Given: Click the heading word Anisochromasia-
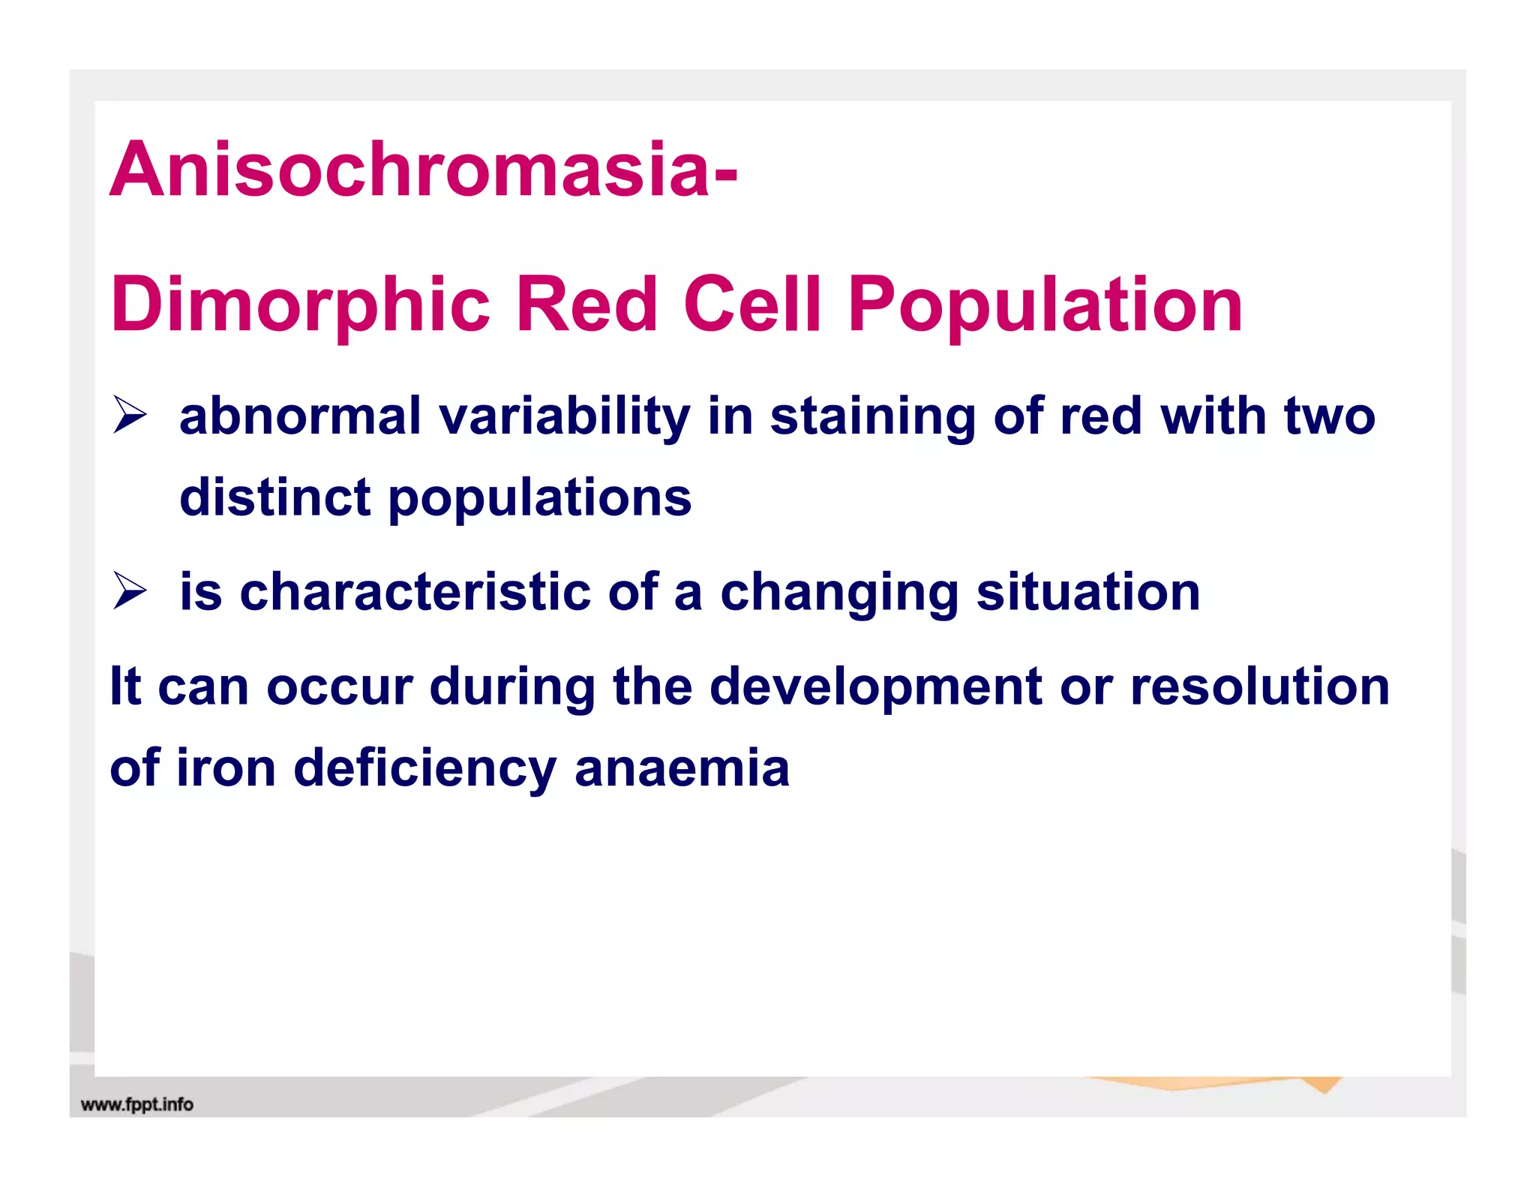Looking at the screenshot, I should (x=424, y=170).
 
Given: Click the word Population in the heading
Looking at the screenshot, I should (x=1045, y=306).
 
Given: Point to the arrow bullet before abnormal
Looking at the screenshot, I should (x=130, y=416).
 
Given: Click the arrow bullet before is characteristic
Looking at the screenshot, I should (x=130, y=590).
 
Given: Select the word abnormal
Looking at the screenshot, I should (x=300, y=416).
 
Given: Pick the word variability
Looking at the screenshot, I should (x=564, y=417).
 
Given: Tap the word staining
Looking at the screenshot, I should (x=872, y=417).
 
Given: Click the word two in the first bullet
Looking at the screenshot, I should (x=1329, y=416).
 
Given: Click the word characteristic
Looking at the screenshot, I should (x=415, y=591).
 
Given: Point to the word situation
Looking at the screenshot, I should (x=1088, y=591).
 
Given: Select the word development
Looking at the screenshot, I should (x=875, y=687).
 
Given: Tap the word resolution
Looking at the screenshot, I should (x=1259, y=686).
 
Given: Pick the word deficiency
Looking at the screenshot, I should (x=424, y=769).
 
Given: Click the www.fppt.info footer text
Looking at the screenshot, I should (x=136, y=1104).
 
